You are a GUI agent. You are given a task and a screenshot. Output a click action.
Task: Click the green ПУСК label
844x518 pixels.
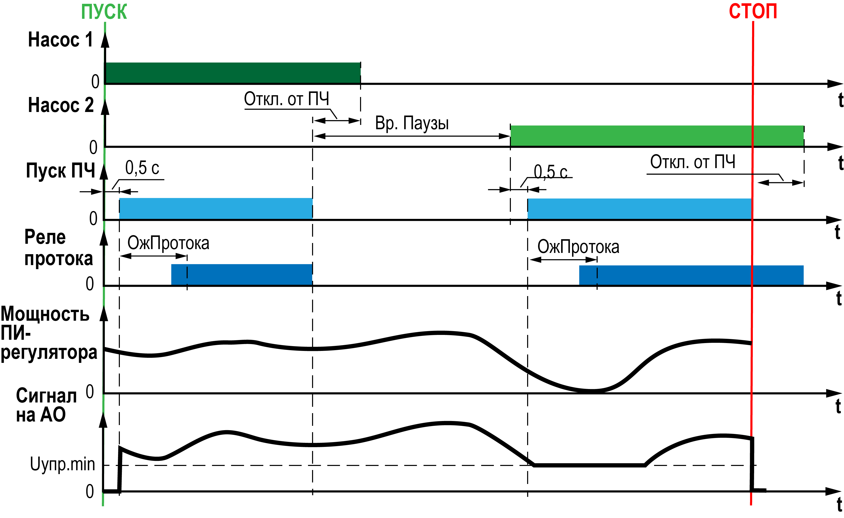104,12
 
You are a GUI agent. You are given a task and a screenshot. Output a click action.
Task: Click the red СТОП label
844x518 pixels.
753,11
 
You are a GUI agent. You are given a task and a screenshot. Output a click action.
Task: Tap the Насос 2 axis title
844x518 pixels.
61,105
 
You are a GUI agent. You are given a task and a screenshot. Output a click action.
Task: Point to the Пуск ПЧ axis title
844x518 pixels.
60,170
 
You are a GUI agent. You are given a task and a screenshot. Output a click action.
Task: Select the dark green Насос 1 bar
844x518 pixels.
232,73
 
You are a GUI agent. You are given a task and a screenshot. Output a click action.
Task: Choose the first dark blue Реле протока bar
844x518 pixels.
241,274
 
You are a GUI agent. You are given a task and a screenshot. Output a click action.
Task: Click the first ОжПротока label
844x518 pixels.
168,243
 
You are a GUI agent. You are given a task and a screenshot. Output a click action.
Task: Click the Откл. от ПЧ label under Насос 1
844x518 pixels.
286,99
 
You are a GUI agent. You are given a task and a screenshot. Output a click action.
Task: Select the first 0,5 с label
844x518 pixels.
142,168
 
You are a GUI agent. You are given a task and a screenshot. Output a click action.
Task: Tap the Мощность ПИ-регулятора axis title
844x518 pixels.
48,333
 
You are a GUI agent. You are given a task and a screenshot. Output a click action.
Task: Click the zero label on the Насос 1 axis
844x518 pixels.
95,82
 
